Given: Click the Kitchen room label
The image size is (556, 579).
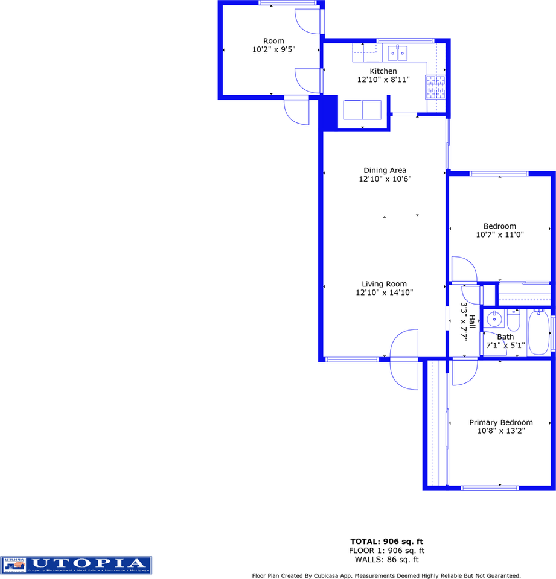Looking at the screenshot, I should point(383,71).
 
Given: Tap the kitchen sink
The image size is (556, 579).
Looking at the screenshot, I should point(398,53).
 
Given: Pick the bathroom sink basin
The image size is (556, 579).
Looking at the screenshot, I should point(494,318).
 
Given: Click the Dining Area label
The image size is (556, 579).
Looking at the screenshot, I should point(385,170).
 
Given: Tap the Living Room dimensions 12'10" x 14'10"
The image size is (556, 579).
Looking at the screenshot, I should point(385,293).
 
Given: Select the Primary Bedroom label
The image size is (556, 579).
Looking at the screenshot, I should point(501,423).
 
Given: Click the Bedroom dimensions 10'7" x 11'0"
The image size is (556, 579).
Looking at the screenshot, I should point(500,235).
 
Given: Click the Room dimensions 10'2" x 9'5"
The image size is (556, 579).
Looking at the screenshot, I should point(273,50).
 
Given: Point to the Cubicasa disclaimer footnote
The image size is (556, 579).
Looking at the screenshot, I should point(386,575).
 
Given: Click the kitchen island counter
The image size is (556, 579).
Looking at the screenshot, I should point(362,110).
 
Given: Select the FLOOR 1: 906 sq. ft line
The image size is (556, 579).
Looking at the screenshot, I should point(387,550).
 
